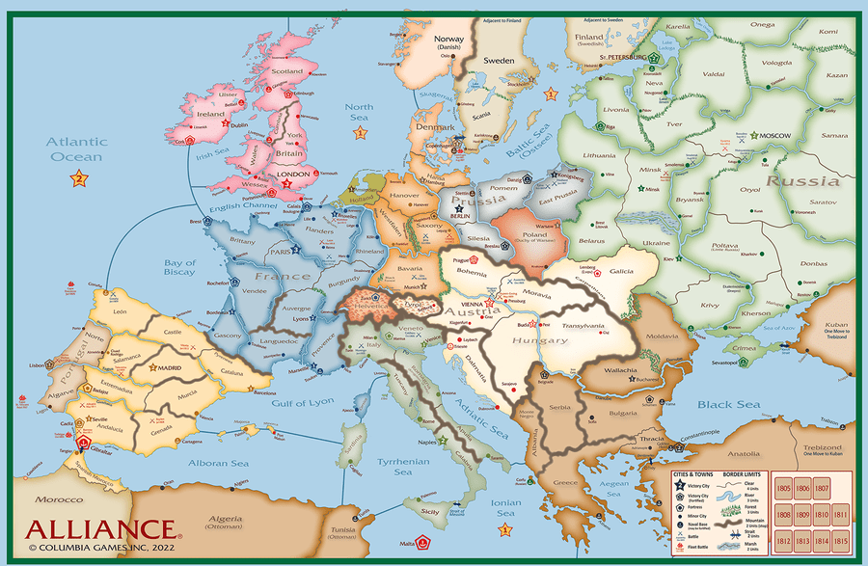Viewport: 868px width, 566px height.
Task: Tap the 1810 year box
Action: click(x=821, y=515)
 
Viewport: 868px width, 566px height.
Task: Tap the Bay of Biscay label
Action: click(x=179, y=268)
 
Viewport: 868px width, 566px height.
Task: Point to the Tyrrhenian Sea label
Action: click(x=402, y=467)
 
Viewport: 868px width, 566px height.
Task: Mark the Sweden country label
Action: click(x=498, y=60)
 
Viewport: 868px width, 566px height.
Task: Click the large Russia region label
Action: click(x=802, y=180)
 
